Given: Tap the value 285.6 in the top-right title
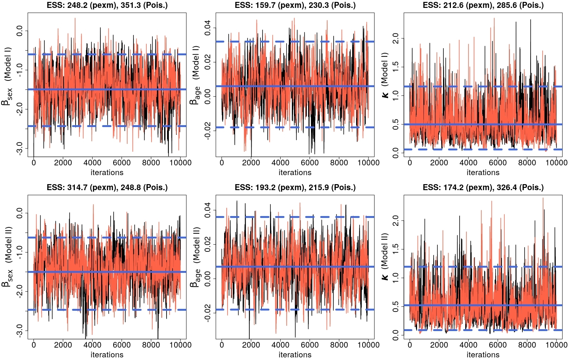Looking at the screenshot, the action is tap(507, 5).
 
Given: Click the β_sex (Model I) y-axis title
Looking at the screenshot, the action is tap(7, 76).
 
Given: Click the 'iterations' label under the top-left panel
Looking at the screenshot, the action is tap(107, 172).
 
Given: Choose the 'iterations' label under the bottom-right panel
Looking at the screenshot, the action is tap(483, 355).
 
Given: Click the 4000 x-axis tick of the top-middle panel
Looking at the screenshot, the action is tap(280, 163).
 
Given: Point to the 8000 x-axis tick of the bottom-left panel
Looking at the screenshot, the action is tap(151, 345).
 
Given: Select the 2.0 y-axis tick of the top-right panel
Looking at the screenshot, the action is tap(396, 38).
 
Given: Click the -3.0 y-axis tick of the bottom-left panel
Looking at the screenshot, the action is tap(20, 330).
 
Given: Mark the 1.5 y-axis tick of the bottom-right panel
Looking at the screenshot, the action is tap(396, 249).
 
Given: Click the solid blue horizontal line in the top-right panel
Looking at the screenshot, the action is tap(483, 124).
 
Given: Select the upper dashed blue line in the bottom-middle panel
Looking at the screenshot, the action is tap(295, 217).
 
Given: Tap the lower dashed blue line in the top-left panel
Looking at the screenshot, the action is tap(107, 126).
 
